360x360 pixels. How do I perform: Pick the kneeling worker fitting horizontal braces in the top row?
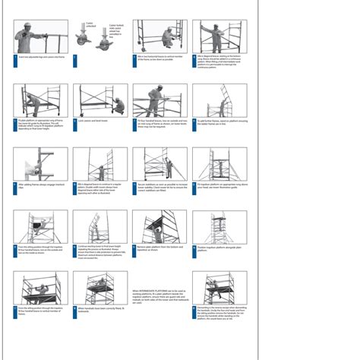(x=164, y=37)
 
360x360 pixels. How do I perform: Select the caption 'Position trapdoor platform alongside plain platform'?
(x=220, y=248)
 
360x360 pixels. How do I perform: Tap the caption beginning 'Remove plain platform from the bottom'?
(x=160, y=248)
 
